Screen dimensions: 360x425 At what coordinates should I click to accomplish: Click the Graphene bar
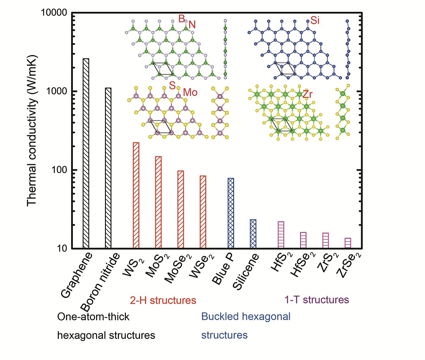[86, 153]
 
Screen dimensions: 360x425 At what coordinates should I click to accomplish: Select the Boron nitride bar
[108, 168]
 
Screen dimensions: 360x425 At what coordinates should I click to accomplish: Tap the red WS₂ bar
[136, 195]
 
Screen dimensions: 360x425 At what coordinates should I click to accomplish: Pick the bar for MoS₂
[158, 202]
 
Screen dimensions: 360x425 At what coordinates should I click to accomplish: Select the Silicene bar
[253, 234]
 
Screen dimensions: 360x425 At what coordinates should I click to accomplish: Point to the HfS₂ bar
[281, 235]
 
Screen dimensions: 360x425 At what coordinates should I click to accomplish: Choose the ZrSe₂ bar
[348, 243]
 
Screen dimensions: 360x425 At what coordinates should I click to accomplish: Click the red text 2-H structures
[163, 300]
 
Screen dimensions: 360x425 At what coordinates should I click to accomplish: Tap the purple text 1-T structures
[317, 300]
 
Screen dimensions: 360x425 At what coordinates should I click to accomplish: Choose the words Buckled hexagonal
[246, 316]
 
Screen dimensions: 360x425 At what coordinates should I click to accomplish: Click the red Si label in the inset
[315, 20]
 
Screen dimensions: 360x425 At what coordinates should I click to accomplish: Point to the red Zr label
[307, 94]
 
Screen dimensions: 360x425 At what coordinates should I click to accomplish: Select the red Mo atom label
[190, 92]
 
